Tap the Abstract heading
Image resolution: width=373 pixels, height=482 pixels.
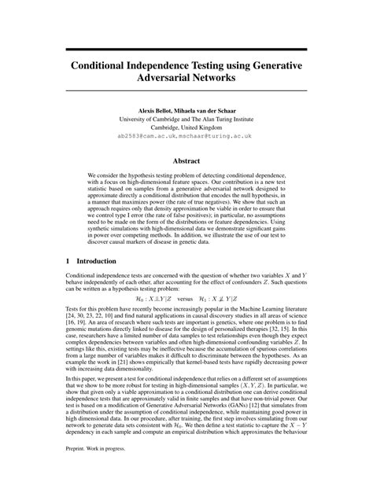tap(186, 160)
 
